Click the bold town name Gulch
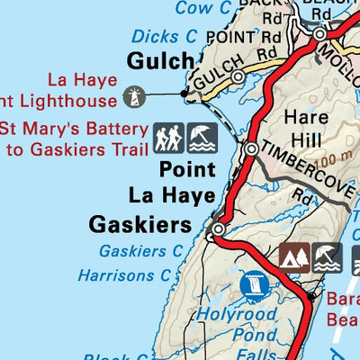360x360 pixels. click(x=161, y=62)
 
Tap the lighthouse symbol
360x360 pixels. click(x=134, y=95)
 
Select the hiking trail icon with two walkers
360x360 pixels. click(x=168, y=138)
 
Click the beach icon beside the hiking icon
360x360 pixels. click(x=200, y=138)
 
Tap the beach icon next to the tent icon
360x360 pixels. click(x=326, y=257)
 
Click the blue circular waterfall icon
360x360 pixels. click(x=255, y=287)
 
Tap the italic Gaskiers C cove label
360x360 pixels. click(x=141, y=250)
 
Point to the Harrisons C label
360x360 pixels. click(x=124, y=274)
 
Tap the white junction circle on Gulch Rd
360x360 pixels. click(x=238, y=78)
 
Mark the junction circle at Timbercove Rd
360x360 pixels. click(x=252, y=148)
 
